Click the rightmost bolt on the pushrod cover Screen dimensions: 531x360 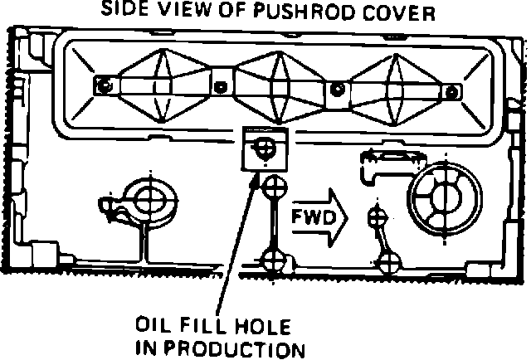tap(450, 90)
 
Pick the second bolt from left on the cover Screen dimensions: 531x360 tap(220, 85)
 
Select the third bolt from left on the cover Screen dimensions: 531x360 tap(337, 87)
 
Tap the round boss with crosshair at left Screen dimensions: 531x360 tap(149, 199)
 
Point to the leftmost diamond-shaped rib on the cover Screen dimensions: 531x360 tap(158, 83)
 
